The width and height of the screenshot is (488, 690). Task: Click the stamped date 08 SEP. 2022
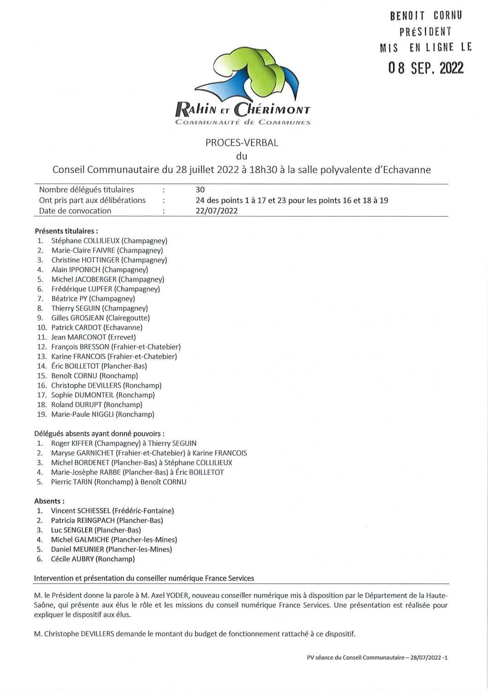(425, 68)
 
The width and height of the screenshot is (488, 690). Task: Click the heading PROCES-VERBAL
(241, 143)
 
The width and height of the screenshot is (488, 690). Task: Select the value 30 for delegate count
(200, 189)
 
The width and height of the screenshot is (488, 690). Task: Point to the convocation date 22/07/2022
(217, 211)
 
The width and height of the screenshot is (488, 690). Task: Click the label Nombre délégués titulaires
(87, 189)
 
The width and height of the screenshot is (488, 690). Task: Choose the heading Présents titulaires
(66, 230)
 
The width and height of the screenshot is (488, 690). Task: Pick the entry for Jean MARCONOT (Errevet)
(94, 337)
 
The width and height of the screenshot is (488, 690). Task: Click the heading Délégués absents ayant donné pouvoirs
(99, 434)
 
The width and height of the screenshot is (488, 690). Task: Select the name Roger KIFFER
(72, 443)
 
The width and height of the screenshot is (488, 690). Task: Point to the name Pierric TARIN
(72, 482)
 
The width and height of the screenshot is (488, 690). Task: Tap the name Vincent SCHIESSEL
(81, 511)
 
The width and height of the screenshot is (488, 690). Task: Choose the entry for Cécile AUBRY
(72, 559)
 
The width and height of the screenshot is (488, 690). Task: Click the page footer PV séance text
(377, 658)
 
